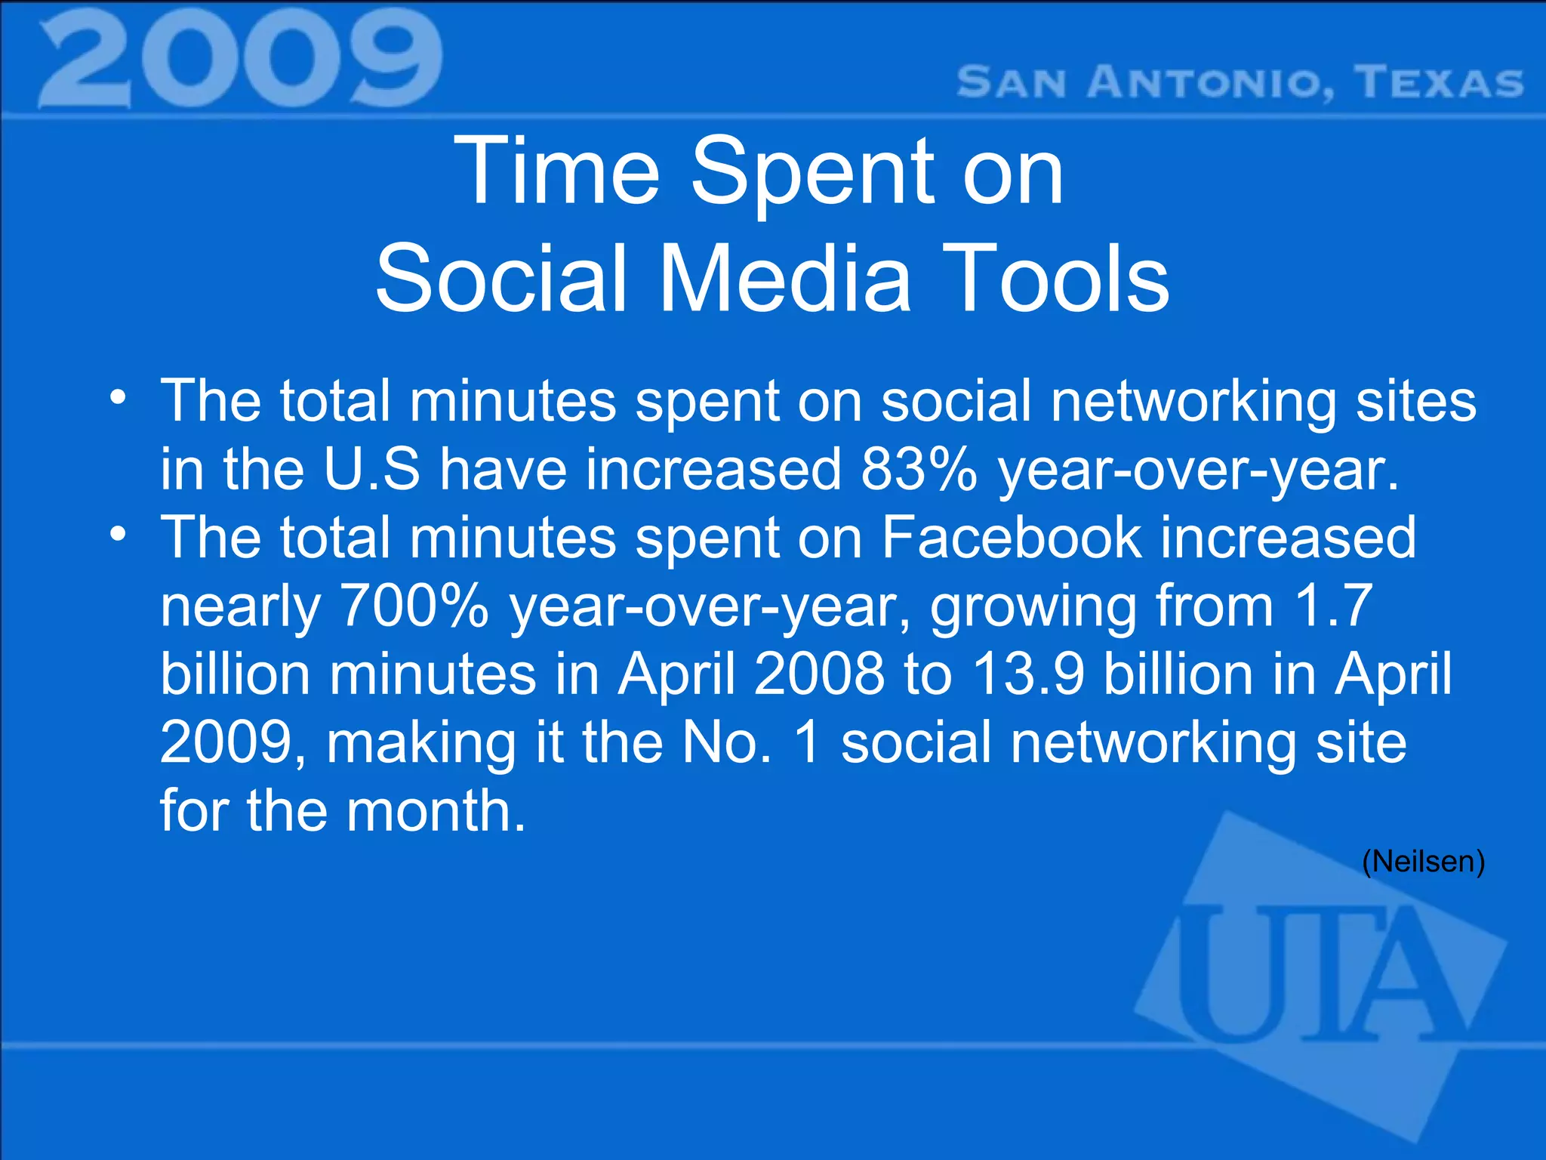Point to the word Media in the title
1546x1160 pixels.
pos(785,279)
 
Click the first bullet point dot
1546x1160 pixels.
pos(117,398)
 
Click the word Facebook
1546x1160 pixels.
pos(1012,538)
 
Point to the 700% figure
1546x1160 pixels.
pos(414,606)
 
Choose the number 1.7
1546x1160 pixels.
pos(1333,606)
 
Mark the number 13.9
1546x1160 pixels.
pos(1028,674)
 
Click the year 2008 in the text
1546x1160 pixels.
pos(818,674)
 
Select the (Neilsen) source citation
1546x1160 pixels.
pos(1423,862)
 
